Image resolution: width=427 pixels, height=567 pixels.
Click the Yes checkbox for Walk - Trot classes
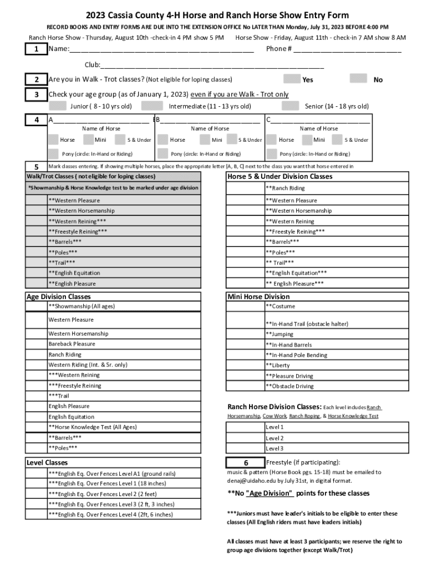pyautogui.click(x=292, y=79)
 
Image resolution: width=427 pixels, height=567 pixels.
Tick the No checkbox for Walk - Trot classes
pyautogui.click(x=359, y=79)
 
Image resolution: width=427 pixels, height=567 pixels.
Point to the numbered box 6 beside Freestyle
pyautogui.click(x=245, y=462)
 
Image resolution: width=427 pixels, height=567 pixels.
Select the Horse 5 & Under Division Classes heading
pyautogui.click(x=280, y=177)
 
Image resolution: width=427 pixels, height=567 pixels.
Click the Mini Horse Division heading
pyautogui.click(x=258, y=296)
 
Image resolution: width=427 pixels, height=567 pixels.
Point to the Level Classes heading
pyautogui.click(x=47, y=462)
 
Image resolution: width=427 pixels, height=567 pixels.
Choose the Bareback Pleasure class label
pyautogui.click(x=72, y=344)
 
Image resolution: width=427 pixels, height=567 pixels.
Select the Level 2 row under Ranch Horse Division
pyautogui.click(x=274, y=438)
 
